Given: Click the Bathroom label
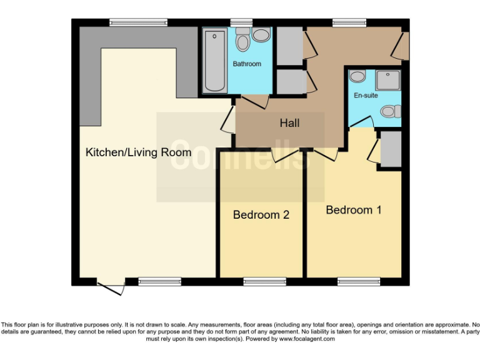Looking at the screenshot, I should click(x=247, y=64).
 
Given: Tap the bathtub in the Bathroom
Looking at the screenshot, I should click(x=215, y=61).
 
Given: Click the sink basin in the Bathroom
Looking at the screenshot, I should click(x=262, y=35).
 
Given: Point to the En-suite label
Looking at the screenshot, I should click(x=366, y=96).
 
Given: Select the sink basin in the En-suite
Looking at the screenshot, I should click(x=357, y=76).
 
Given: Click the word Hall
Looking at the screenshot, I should click(x=289, y=123).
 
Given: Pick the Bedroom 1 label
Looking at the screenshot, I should click(x=353, y=210).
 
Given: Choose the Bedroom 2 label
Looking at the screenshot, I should click(x=261, y=215).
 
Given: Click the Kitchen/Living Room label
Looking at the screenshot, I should click(x=138, y=152).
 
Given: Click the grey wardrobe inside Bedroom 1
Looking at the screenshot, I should click(x=391, y=149).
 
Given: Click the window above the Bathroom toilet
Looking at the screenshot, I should click(x=241, y=22).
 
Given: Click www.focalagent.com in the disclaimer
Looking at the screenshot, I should click(x=307, y=339).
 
